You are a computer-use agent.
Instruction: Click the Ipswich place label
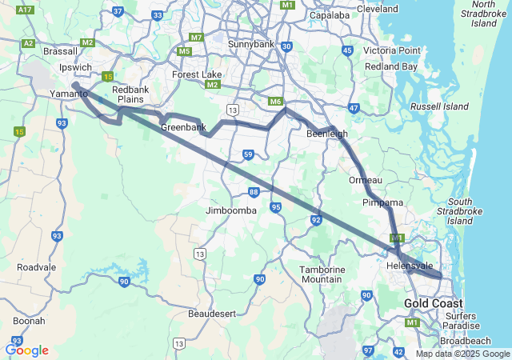point(75,67)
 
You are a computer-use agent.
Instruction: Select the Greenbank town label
point(183,127)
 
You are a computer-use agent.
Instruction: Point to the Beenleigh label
point(327,134)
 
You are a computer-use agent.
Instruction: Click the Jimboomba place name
point(231,210)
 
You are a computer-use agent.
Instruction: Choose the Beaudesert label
point(212,314)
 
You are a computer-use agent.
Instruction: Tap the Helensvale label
point(409,266)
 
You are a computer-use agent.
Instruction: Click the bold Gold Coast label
point(433,304)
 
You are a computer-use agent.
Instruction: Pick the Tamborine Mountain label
point(322,274)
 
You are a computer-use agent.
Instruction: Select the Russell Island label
point(439,106)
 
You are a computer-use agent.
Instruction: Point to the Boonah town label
point(29,321)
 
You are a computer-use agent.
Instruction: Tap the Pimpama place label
point(382,203)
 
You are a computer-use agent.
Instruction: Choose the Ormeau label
point(366,180)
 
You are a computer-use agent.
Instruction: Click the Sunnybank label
point(251,44)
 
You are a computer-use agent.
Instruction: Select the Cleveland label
point(377,9)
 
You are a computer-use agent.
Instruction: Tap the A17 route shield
point(25,10)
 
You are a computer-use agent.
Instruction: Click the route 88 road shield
point(254,192)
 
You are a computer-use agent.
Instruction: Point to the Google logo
point(26,350)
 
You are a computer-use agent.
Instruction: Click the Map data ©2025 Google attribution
point(462,354)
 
